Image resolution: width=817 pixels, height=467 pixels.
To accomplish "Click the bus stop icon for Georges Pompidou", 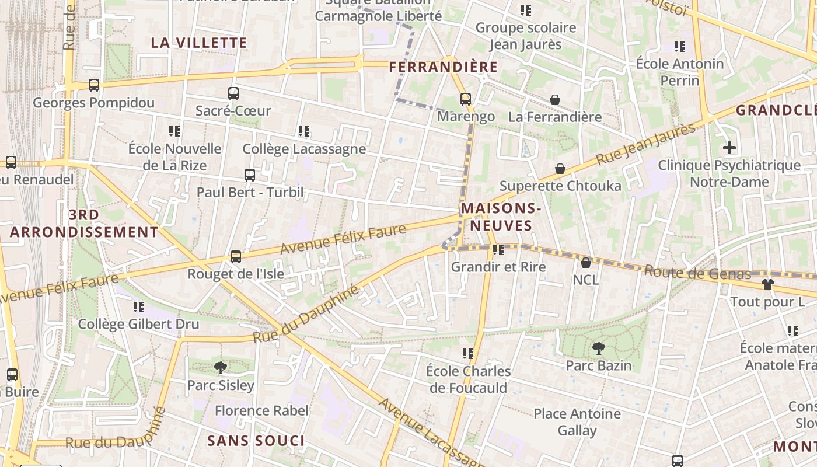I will tap(94, 85).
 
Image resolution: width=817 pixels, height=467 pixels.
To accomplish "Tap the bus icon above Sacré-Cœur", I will tap(233, 93).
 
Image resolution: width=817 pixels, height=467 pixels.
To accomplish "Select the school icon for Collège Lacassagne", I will tap(303, 131).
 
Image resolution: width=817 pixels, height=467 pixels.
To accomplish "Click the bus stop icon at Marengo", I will tap(465, 99).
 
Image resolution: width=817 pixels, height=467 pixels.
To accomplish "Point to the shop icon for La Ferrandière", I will tap(555, 100).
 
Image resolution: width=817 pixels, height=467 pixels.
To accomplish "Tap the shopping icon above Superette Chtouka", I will tap(560, 169).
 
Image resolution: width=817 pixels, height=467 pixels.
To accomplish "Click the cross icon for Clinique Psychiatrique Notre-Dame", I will tap(729, 148).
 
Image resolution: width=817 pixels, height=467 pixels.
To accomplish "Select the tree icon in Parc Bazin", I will tap(598, 348).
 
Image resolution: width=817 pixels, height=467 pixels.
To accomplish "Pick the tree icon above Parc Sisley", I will tap(221, 367).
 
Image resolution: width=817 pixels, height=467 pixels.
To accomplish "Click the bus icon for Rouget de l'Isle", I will tap(236, 256).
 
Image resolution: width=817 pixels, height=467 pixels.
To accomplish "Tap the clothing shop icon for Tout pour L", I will tap(767, 284).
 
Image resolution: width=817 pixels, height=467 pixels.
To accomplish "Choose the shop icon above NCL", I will tap(586, 263).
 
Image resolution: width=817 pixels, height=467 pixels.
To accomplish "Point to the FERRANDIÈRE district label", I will tap(444, 67).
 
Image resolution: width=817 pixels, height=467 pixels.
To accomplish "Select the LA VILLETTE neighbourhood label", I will tap(199, 43).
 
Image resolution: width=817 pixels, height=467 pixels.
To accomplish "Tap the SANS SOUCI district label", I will tap(256, 441).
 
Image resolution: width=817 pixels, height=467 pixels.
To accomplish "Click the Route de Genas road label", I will tap(698, 273).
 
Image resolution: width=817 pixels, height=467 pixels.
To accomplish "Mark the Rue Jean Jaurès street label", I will tap(646, 144).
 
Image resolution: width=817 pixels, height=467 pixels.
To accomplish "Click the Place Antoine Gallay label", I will tap(577, 422).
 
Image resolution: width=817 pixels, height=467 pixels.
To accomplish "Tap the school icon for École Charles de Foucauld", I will tap(467, 354).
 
